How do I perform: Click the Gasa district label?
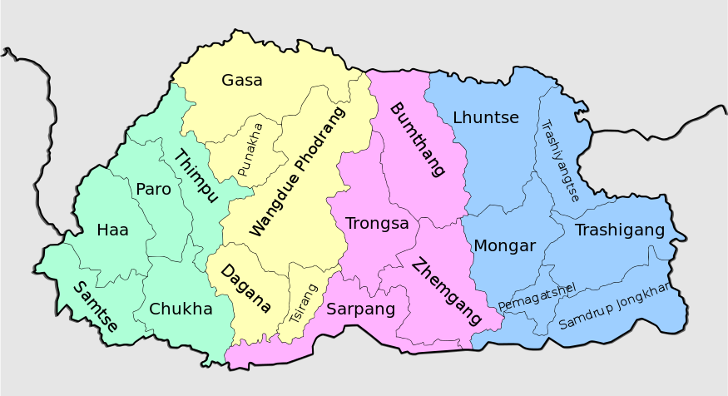[x=242, y=81]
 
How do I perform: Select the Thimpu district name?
[x=196, y=176]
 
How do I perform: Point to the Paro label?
[x=153, y=190]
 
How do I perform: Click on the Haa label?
[x=112, y=230]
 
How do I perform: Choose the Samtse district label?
[x=95, y=306]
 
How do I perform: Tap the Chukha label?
[x=181, y=309]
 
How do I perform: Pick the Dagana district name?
[x=245, y=289]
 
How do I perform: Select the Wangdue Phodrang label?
[x=296, y=171]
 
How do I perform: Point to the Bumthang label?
[x=417, y=139]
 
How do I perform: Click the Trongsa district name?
[x=377, y=224]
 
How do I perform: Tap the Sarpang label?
[x=360, y=309]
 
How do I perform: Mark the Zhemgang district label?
[x=447, y=291]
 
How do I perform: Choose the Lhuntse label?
[x=486, y=118]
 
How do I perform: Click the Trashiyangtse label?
[x=559, y=161]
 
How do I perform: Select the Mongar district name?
[x=504, y=245]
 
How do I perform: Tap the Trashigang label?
[x=620, y=230]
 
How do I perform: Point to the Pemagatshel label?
[x=537, y=295]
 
